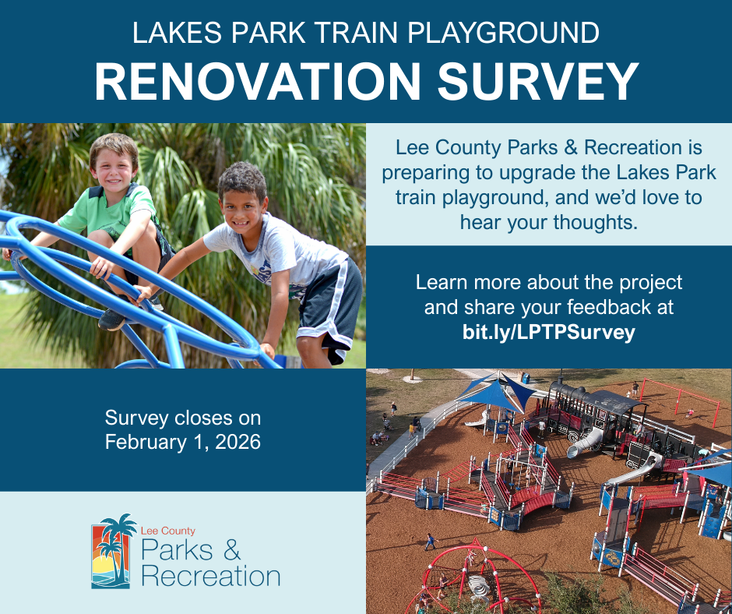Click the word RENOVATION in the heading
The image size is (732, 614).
[x=257, y=82]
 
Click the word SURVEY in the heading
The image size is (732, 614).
[x=537, y=82]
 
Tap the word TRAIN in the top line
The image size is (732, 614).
[x=356, y=33]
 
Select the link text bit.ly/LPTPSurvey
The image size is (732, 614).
[x=548, y=332]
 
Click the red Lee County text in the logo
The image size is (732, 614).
[x=167, y=531]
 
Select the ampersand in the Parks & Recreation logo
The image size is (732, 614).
[x=231, y=550]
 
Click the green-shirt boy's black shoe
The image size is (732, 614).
[x=112, y=320]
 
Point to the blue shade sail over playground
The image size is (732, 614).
[x=496, y=393]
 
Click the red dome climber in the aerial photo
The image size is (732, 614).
[x=473, y=577]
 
